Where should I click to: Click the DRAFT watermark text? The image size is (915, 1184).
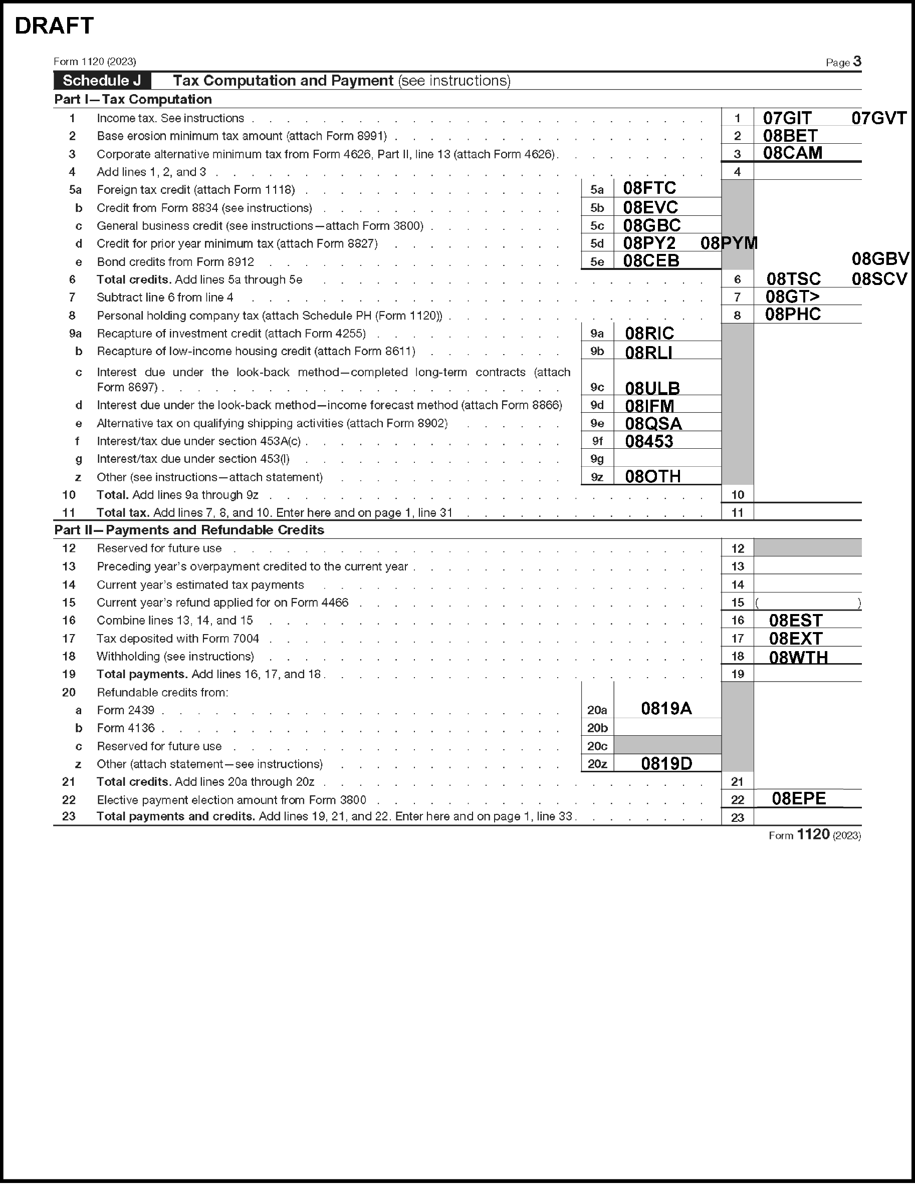point(54,26)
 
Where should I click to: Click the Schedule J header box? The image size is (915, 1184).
point(102,81)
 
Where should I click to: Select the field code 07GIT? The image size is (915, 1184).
point(787,118)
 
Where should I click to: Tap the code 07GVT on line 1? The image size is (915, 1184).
point(878,118)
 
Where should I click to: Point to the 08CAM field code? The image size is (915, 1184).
point(792,153)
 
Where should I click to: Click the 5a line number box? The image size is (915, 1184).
point(597,189)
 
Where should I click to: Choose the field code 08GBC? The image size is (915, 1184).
point(651,225)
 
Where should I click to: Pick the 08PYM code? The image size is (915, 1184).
point(729,243)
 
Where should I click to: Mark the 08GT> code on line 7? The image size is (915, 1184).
point(792,297)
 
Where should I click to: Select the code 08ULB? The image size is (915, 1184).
point(652,388)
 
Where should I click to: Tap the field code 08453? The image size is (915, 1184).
point(649,441)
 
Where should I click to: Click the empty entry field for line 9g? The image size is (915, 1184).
point(667,459)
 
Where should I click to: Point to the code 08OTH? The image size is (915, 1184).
point(652,476)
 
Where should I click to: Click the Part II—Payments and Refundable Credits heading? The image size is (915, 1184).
point(189,530)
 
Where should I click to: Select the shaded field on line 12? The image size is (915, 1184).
point(807,547)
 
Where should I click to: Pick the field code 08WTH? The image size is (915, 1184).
point(798,657)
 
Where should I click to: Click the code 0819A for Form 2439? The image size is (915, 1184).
point(666,709)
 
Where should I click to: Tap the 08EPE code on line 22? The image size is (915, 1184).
point(798,798)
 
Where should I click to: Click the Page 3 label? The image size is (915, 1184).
point(843,62)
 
